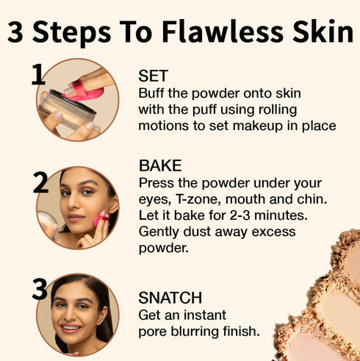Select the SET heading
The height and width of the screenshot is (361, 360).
153,76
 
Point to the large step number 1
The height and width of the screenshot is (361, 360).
39,75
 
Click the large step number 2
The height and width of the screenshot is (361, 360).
41,182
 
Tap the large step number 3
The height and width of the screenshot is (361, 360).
40,289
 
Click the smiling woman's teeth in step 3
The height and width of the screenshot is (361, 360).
69,328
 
